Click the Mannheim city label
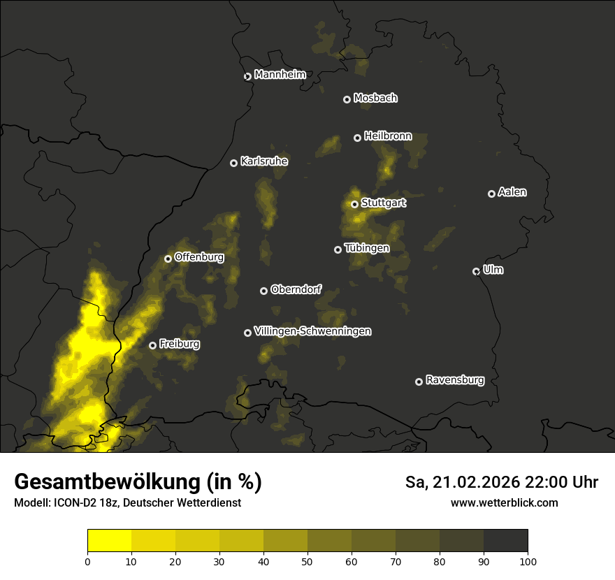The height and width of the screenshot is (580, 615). pos(280,75)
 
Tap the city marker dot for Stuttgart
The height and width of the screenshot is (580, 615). pos(354,204)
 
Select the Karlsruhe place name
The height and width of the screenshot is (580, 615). pos(263,161)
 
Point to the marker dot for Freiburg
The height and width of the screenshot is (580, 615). pos(152,345)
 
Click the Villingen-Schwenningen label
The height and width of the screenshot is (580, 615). pos(312,331)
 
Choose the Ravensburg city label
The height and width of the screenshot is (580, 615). pos(454,380)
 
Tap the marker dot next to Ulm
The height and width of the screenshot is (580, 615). pos(476,271)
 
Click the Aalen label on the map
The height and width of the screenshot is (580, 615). pos(512,192)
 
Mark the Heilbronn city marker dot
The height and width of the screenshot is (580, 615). pos(357,138)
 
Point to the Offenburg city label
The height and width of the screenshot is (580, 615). pos(198,257)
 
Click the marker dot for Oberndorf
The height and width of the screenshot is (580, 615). pos(263,291)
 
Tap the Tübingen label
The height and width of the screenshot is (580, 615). pos(366,248)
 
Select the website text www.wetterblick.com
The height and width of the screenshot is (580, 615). pos(504,502)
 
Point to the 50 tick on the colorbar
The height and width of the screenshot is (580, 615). pos(307,560)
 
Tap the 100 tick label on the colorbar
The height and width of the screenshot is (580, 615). pos(527,560)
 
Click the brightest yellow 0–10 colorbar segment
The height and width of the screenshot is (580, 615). pos(110,541)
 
